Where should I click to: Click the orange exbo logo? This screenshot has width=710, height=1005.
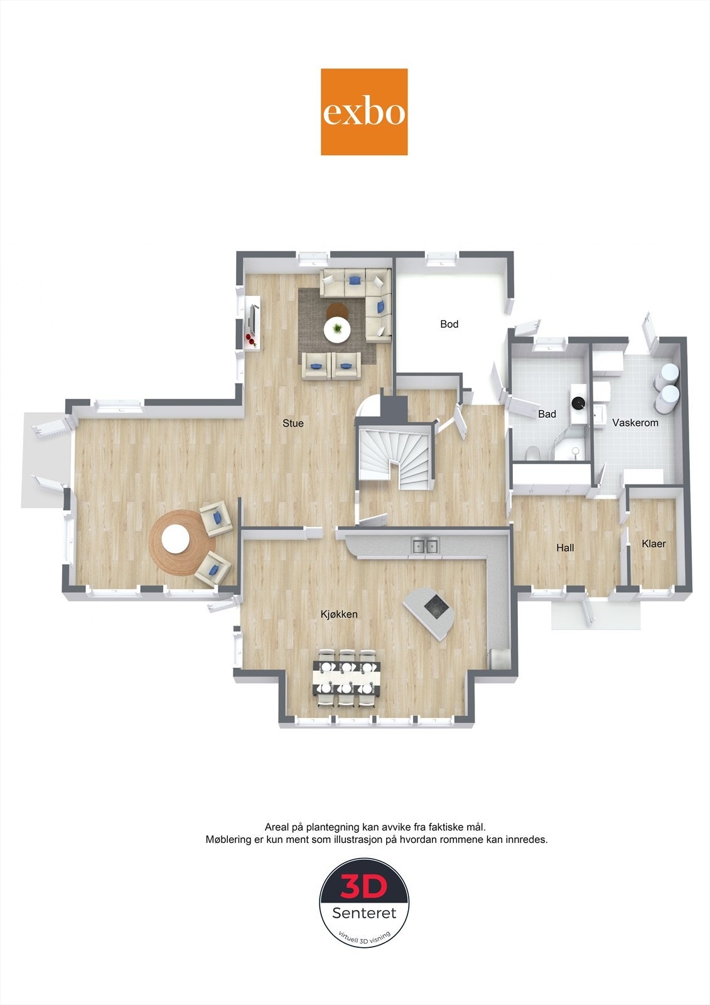pyautogui.click(x=364, y=112)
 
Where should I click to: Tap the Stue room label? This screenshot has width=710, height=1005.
pyautogui.click(x=293, y=423)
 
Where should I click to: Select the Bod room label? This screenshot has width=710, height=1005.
pyautogui.click(x=449, y=324)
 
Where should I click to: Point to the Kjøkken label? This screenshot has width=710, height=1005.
pyautogui.click(x=339, y=614)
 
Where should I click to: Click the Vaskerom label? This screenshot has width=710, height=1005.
pyautogui.click(x=635, y=423)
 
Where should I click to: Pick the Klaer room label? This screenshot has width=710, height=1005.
pyautogui.click(x=654, y=543)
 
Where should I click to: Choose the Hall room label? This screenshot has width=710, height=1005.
pyautogui.click(x=565, y=548)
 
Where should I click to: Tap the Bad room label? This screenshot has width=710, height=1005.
pyautogui.click(x=547, y=415)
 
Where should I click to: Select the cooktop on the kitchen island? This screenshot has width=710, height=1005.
pyautogui.click(x=436, y=607)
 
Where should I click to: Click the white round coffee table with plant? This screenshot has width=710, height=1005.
pyautogui.click(x=337, y=329)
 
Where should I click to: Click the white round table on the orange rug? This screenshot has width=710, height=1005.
pyautogui.click(x=175, y=539)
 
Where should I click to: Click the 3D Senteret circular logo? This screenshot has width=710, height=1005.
pyautogui.click(x=364, y=902)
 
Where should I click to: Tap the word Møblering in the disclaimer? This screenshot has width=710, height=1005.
pyautogui.click(x=230, y=839)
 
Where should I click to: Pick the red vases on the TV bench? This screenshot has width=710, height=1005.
pyautogui.click(x=250, y=340)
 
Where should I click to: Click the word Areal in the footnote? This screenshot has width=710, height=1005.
pyautogui.click(x=277, y=827)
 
